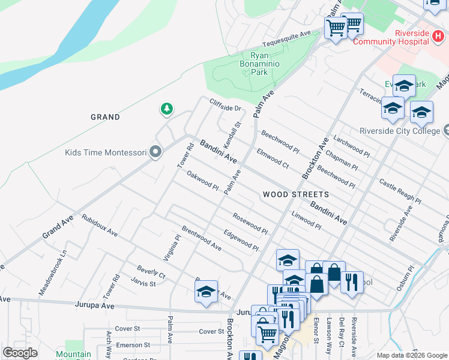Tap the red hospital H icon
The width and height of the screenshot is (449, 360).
[438, 37]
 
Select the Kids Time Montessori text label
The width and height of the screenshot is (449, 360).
[106, 152]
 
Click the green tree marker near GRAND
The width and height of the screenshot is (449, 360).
[166, 109]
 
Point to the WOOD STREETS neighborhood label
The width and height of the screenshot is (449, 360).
[296, 194]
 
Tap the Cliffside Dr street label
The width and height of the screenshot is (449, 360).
[225, 104]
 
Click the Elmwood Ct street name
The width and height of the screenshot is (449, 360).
[273, 157]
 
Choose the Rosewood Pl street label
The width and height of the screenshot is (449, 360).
[250, 223]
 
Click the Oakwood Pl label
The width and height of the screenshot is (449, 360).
[202, 181]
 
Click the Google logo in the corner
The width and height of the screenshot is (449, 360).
[20, 353]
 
